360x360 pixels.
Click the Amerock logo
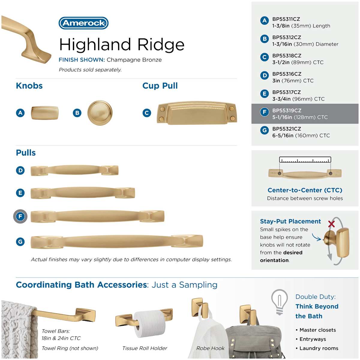point(83,23)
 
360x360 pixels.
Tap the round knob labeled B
point(100,113)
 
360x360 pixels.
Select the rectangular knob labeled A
point(45,113)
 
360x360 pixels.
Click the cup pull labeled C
point(197,113)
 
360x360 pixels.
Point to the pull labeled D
point(74,170)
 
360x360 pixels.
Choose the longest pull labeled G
point(117,241)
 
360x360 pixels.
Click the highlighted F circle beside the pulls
point(20,216)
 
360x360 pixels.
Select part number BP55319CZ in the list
point(286,110)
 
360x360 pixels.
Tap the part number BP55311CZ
point(286,19)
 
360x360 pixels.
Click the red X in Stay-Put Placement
point(331,224)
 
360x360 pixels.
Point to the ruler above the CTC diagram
point(305,160)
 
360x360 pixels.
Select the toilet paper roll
point(149,324)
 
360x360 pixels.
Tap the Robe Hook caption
point(210,348)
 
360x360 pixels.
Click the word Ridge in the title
point(161,45)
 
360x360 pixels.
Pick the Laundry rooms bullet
point(317,348)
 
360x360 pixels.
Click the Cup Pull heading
point(160,86)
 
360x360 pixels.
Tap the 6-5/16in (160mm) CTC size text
point(301,135)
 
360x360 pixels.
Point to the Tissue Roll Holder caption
point(145,348)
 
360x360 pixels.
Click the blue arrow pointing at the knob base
point(316,237)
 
